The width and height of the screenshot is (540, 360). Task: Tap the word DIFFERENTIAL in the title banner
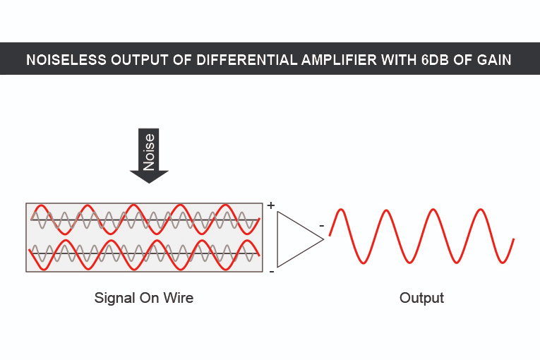click(246, 60)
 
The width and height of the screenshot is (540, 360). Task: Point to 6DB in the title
click(436, 60)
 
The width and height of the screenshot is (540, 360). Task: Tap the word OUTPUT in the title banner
click(140, 60)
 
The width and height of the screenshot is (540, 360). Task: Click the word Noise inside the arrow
click(149, 152)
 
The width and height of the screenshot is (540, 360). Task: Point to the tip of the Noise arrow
click(149, 184)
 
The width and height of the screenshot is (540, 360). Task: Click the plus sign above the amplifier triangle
click(271, 205)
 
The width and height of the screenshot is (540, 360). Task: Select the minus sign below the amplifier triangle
click(272, 272)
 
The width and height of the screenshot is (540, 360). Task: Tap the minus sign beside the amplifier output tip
click(322, 226)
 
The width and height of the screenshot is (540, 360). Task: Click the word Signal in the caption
click(114, 299)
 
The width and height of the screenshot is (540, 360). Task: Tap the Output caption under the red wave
click(421, 299)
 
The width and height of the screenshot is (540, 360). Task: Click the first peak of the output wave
click(340, 210)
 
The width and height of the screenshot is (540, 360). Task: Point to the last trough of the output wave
click(503, 263)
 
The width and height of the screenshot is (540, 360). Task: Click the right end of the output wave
click(514, 239)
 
